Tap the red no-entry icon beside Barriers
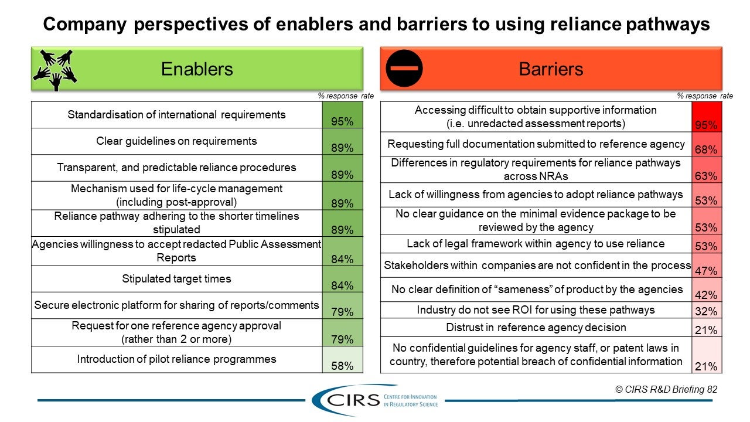click(x=404, y=69)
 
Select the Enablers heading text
click(x=197, y=69)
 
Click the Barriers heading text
click(x=551, y=69)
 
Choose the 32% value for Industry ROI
click(x=706, y=311)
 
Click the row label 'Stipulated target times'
click(x=176, y=279)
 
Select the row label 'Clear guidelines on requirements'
click(x=176, y=141)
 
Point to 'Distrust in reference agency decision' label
click(x=536, y=328)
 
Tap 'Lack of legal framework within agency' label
click(x=536, y=244)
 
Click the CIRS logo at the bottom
click(x=375, y=400)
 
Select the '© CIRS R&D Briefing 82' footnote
click(x=666, y=389)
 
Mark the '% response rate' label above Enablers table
click(x=346, y=96)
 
